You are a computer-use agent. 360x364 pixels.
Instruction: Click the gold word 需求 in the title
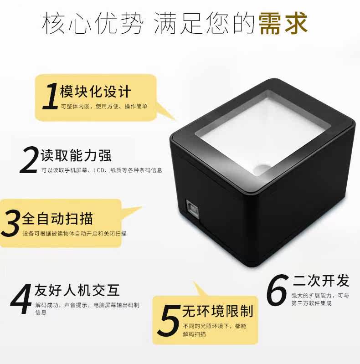click(283, 23)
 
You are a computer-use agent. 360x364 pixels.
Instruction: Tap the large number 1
click(51, 96)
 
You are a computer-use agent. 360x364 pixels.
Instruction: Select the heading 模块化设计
click(95, 92)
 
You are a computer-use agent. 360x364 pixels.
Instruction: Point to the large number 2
click(29, 160)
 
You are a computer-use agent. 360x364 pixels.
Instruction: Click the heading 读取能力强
click(76, 155)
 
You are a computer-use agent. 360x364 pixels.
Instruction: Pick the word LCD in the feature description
click(99, 170)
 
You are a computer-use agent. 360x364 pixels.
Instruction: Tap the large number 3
click(10, 223)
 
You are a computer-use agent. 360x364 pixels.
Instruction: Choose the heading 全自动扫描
click(57, 219)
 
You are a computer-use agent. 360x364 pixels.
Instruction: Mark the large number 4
click(21, 299)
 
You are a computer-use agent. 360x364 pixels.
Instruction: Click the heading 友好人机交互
click(77, 290)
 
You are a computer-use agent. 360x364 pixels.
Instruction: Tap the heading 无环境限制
click(218, 311)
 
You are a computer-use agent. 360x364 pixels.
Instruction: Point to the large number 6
click(277, 290)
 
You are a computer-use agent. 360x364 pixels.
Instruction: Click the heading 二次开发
click(321, 281)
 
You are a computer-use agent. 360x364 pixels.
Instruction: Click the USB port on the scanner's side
click(193, 210)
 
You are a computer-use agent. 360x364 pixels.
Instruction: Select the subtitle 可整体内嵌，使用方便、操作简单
click(104, 106)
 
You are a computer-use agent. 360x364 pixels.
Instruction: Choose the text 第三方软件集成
click(311, 303)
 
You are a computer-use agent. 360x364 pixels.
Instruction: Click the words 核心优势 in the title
click(93, 23)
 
